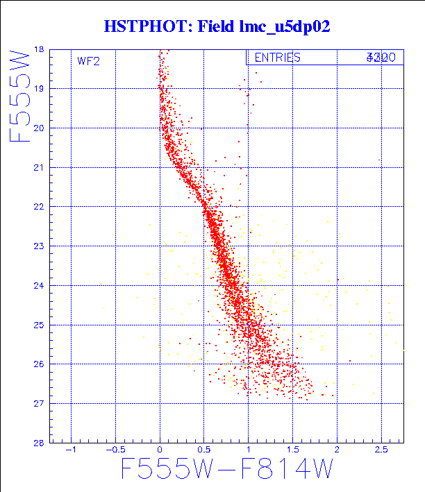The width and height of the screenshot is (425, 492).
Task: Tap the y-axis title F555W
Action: (21, 95)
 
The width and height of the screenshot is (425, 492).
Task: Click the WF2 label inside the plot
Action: (88, 61)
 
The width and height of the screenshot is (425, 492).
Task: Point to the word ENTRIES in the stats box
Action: (277, 58)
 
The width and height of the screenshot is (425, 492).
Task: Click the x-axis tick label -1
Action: (69, 450)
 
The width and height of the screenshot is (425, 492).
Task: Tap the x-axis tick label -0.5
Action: (112, 450)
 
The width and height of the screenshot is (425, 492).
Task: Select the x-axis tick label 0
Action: (160, 450)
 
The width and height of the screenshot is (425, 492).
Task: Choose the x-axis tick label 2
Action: (337, 450)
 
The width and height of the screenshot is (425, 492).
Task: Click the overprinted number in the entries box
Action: (381, 58)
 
